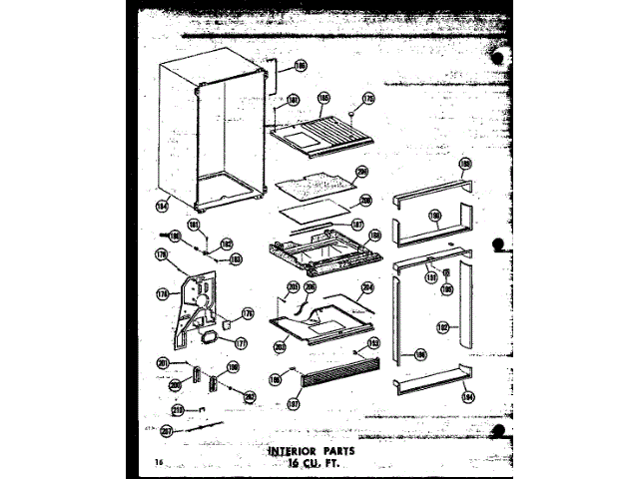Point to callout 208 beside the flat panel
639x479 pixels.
tap(365, 200)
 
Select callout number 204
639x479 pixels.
tap(367, 289)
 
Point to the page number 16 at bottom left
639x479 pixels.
tap(158, 462)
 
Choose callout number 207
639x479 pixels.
tap(166, 431)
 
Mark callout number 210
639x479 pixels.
tap(178, 409)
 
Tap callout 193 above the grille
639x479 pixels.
tap(374, 342)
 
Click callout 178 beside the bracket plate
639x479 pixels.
tap(162, 293)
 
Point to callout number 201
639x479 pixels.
tap(162, 362)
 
